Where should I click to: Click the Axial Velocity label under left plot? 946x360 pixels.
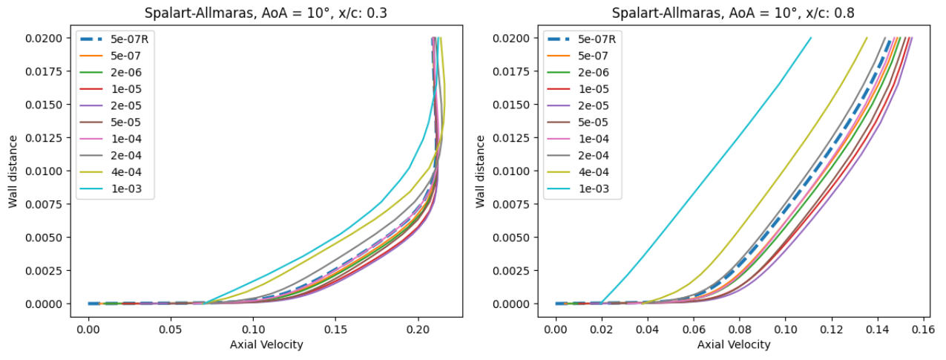point(266,344)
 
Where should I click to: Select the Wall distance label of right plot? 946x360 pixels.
point(482,171)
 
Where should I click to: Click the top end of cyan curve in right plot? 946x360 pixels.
point(811,38)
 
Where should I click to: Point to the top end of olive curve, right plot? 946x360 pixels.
point(867,38)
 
